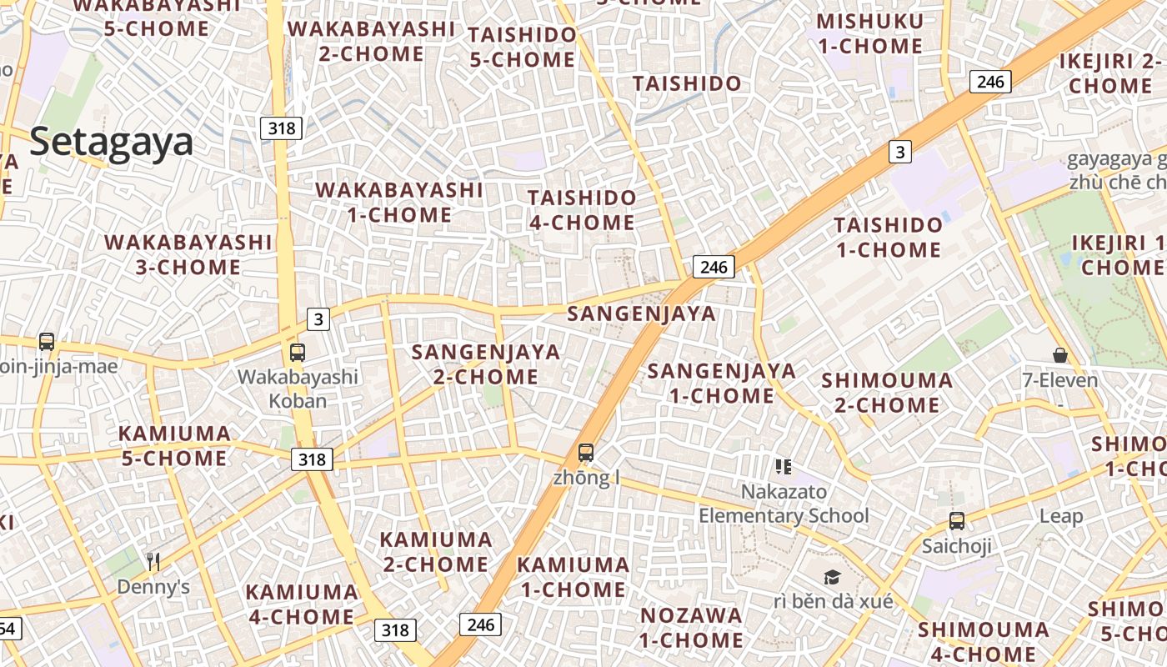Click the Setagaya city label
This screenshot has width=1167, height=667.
tap(112, 143)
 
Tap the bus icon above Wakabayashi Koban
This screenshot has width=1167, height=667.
tap(298, 352)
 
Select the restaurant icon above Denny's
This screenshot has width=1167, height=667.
tap(153, 561)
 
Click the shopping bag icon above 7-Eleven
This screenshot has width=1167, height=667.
tap(1059, 356)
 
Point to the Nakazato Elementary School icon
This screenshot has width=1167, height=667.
tap(783, 467)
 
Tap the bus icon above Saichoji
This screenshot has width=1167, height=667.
tap(956, 521)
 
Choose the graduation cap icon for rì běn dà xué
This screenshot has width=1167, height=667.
tap(832, 577)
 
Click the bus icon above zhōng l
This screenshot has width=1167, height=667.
tap(586, 453)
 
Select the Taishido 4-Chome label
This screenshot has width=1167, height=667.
tap(582, 210)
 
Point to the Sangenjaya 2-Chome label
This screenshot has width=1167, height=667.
tap(486, 364)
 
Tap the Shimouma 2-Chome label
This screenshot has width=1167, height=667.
tap(887, 393)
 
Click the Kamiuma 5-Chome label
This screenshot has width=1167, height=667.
tap(174, 445)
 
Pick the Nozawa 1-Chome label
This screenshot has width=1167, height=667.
tap(691, 628)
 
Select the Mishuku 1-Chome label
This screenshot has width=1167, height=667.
tap(870, 33)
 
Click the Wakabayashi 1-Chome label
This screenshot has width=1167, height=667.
tap(399, 203)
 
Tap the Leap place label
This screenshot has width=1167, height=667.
tap(1060, 516)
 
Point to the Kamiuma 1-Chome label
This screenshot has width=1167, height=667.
tap(573, 577)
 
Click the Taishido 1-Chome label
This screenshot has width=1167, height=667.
tap(889, 237)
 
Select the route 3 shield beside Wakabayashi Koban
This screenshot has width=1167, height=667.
tap(318, 318)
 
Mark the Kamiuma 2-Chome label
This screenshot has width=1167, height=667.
tap(436, 551)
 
